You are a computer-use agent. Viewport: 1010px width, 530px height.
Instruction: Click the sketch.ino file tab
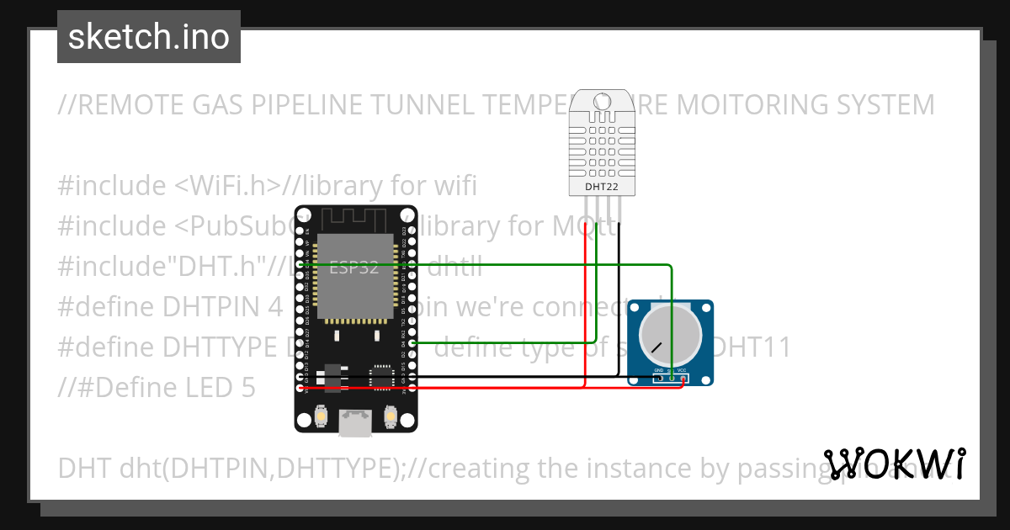coord(148,37)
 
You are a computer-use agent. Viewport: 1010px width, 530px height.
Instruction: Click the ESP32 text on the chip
coord(353,268)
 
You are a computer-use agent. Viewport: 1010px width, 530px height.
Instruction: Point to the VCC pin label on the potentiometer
coord(683,370)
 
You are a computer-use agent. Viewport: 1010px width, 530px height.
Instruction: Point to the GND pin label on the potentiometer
coord(660,370)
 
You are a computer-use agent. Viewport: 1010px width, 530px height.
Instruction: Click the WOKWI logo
coord(894,464)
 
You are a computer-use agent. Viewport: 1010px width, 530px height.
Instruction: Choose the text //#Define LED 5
coord(157,387)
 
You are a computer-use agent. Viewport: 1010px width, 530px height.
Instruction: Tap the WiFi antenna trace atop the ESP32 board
coord(353,220)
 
